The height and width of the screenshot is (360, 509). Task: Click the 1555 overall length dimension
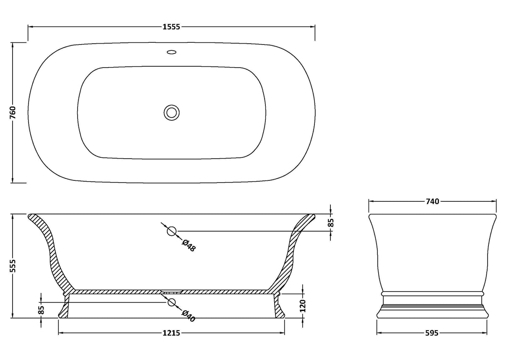click(x=171, y=27)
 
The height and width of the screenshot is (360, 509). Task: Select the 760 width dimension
click(x=13, y=112)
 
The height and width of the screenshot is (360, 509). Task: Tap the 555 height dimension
click(x=13, y=266)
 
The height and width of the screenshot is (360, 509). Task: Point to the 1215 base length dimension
click(x=171, y=333)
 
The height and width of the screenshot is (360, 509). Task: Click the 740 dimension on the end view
click(x=432, y=201)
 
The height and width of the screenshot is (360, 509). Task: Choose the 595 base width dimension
click(x=432, y=333)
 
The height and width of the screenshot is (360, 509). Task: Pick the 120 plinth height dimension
click(x=303, y=306)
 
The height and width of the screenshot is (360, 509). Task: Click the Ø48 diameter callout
click(x=189, y=245)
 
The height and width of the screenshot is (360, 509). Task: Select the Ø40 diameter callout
click(x=189, y=316)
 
